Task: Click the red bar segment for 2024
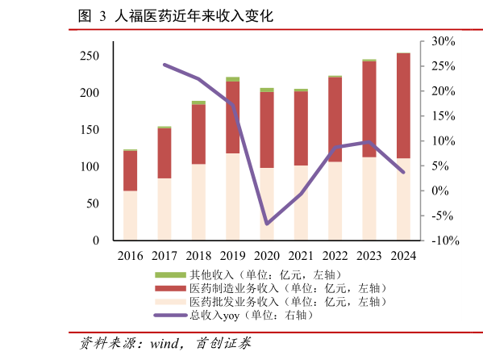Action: (403, 105)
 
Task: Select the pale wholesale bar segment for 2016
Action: (130, 216)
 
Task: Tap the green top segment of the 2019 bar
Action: (232, 79)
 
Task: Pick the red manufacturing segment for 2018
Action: (198, 134)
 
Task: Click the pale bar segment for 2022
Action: (335, 201)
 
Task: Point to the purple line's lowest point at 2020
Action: (267, 224)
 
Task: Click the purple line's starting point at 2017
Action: (164, 65)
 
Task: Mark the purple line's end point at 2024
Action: (403, 172)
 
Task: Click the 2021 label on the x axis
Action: (301, 256)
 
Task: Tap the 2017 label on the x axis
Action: (164, 256)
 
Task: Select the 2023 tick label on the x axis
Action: (369, 256)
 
